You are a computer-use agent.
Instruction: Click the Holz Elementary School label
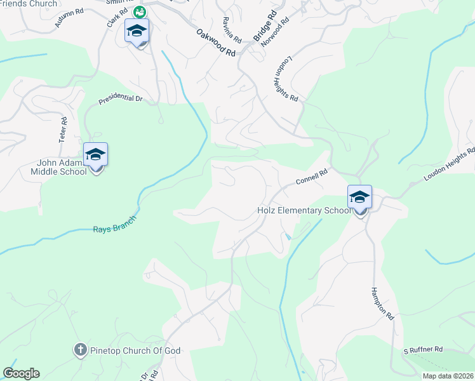303,210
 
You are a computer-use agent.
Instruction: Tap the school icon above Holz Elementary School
359,197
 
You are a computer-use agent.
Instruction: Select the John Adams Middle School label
62,167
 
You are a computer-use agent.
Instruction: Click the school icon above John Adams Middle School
96,155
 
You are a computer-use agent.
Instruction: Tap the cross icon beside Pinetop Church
80,350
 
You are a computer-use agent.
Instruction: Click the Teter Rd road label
63,129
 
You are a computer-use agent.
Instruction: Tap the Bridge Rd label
265,27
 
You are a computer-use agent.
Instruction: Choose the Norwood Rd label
279,30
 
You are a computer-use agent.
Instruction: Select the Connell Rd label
311,177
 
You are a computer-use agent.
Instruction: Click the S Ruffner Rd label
422,350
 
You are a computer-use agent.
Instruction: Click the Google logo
21,373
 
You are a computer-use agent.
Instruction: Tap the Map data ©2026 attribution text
448,376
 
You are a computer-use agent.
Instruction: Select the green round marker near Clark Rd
139,11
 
